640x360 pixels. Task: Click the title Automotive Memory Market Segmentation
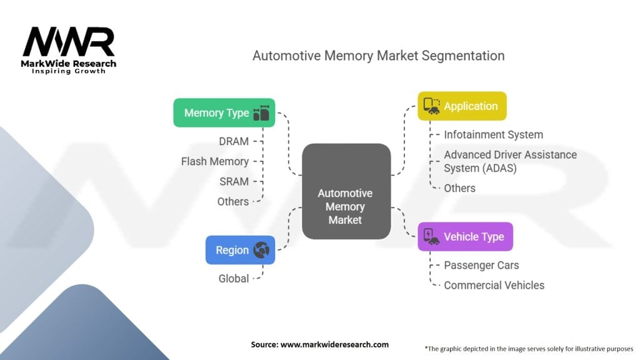[378, 56]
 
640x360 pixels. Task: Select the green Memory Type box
[224, 112]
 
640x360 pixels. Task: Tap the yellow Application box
[461, 106]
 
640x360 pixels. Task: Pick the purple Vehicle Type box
[465, 237]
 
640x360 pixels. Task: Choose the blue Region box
[240, 250]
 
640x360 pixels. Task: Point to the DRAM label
[234, 142]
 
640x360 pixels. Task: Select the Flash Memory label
[215, 161]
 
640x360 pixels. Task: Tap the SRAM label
[234, 181]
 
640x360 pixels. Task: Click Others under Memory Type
[233, 201]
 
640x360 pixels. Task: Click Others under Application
[459, 188]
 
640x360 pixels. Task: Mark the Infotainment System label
[493, 134]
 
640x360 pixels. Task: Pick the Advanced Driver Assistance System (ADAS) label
[510, 161]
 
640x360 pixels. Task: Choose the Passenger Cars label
[481, 265]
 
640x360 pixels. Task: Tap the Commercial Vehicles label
[494, 285]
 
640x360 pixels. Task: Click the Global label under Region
[234, 279]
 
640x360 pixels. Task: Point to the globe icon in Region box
[261, 250]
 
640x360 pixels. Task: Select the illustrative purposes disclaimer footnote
[529, 348]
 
